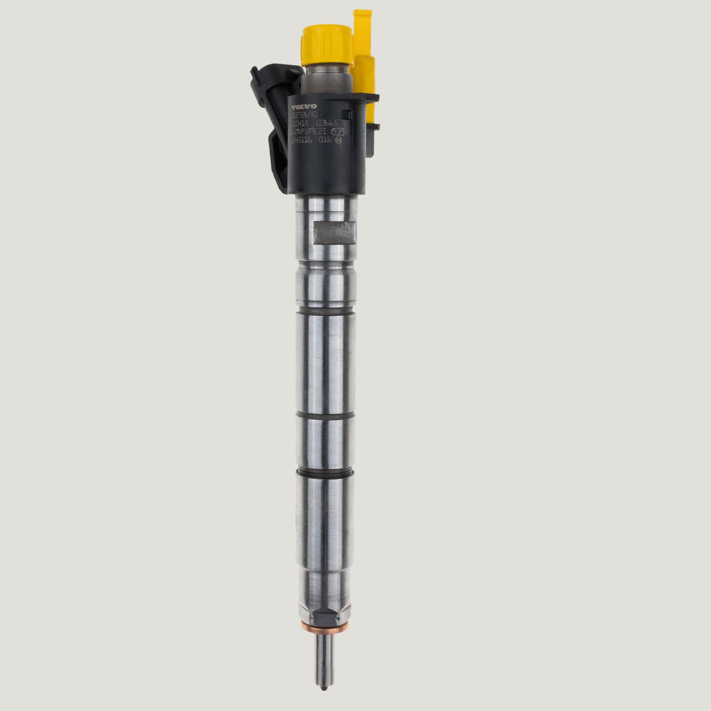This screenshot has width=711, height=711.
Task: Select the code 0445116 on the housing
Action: click(x=302, y=140)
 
